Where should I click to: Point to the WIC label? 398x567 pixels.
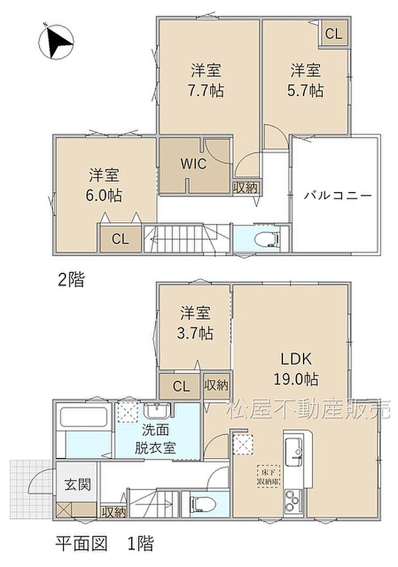[193, 164]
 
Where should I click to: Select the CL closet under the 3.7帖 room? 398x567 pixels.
[181, 387]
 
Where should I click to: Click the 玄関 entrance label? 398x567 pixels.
[77, 484]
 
